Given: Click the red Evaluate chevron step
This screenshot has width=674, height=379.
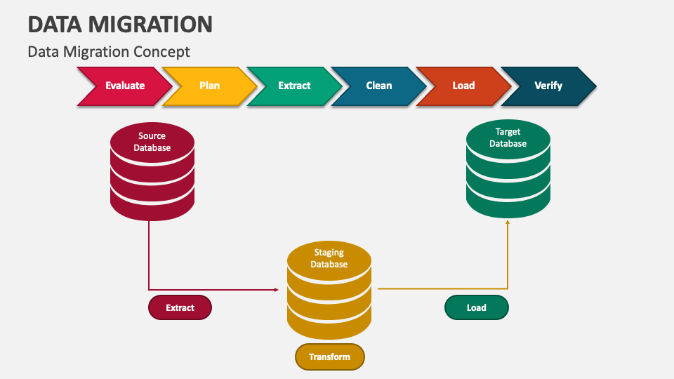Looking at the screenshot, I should click(125, 86).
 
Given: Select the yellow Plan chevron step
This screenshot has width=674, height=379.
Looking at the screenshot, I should click(209, 86).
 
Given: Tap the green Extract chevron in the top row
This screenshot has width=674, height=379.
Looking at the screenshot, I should click(294, 86).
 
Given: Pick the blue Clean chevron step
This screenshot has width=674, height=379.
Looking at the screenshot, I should click(379, 86).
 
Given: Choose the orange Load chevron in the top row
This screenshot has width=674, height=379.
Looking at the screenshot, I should click(463, 86).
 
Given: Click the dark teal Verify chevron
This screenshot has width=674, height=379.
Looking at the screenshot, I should click(548, 86).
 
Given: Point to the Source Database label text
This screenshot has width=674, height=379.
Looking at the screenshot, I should click(152, 142).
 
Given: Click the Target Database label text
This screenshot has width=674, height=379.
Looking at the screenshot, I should click(508, 138).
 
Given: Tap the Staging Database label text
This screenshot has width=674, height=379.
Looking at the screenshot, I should click(329, 258).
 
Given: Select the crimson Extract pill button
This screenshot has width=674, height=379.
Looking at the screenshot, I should click(180, 307).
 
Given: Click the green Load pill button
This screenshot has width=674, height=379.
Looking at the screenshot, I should click(476, 307).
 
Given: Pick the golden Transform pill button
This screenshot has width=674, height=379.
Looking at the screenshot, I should click(330, 357).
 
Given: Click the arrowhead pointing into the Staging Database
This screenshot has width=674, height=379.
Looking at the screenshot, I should click(276, 289).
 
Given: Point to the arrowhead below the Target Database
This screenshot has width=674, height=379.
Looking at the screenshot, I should click(508, 221).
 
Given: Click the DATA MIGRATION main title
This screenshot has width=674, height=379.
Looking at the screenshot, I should click(120, 24).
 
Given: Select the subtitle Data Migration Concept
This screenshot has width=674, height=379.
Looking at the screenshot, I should click(109, 52).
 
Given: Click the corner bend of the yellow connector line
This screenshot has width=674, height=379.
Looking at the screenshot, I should click(508, 288).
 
